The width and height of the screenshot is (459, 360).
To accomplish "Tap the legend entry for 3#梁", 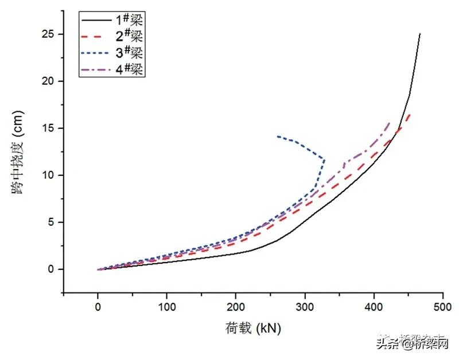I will [112, 53].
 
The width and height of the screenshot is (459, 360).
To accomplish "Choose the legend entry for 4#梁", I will [112, 70].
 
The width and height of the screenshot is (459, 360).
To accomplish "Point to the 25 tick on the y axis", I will [50, 34].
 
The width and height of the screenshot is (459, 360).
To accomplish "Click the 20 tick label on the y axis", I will [50, 81].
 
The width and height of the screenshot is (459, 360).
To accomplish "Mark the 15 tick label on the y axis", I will [50, 128].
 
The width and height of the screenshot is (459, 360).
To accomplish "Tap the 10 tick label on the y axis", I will [50, 175].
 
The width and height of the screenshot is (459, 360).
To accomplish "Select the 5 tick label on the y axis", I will [53, 222].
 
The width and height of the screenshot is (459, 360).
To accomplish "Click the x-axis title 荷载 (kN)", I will [253, 328].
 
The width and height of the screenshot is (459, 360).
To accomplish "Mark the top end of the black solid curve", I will [420, 34].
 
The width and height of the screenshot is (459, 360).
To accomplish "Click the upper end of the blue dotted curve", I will [277, 136].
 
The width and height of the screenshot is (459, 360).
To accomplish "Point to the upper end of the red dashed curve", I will [410, 114].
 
